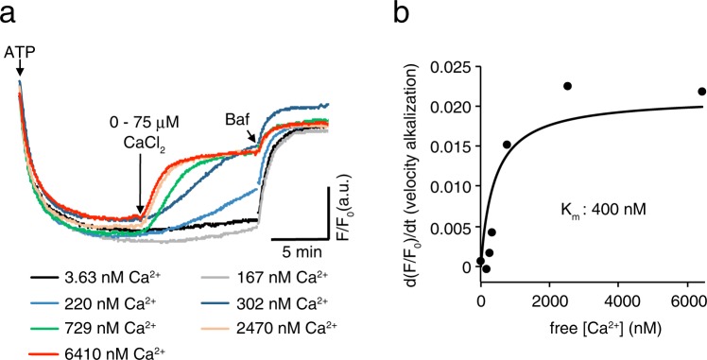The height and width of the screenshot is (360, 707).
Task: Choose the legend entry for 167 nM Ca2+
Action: pos(262,279)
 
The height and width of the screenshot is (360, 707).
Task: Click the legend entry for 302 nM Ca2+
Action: pos(262,300)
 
